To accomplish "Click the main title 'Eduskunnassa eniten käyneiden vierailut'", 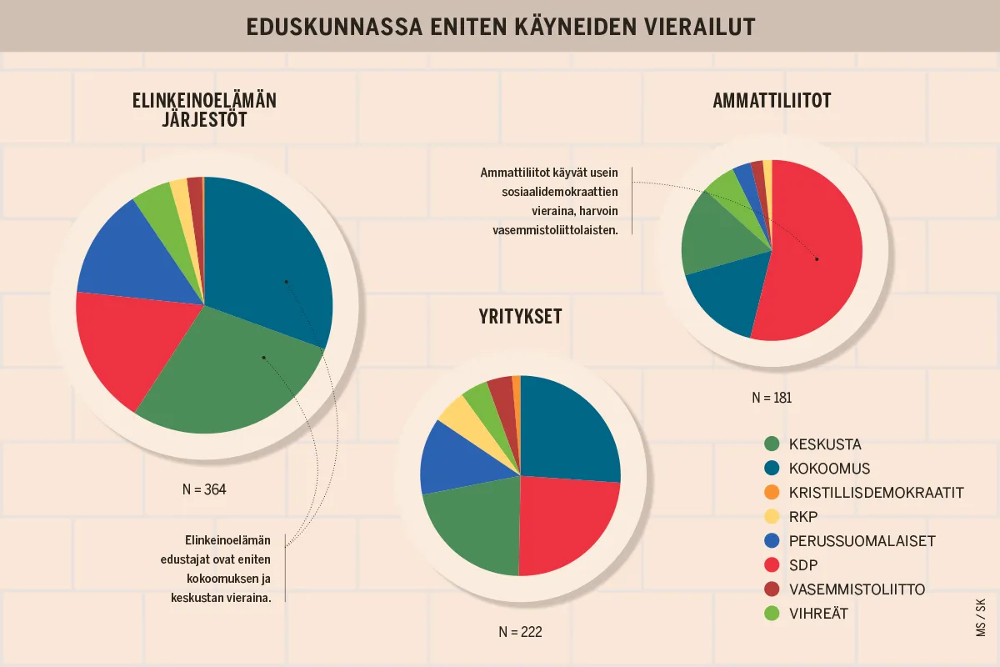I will click(x=500, y=27).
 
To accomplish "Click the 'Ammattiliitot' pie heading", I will click(x=772, y=101).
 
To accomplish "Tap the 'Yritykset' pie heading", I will click(x=520, y=317).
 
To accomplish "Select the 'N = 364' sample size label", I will click(x=204, y=489).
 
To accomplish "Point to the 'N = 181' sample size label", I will click(x=771, y=398).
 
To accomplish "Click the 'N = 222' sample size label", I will click(x=520, y=632).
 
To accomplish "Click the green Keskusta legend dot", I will click(x=771, y=444).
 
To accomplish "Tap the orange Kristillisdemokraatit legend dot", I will click(x=771, y=493).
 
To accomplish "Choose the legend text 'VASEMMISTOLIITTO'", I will click(x=857, y=589).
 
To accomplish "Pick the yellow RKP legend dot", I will click(x=771, y=517).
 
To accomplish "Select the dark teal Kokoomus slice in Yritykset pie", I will click(x=567, y=429).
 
